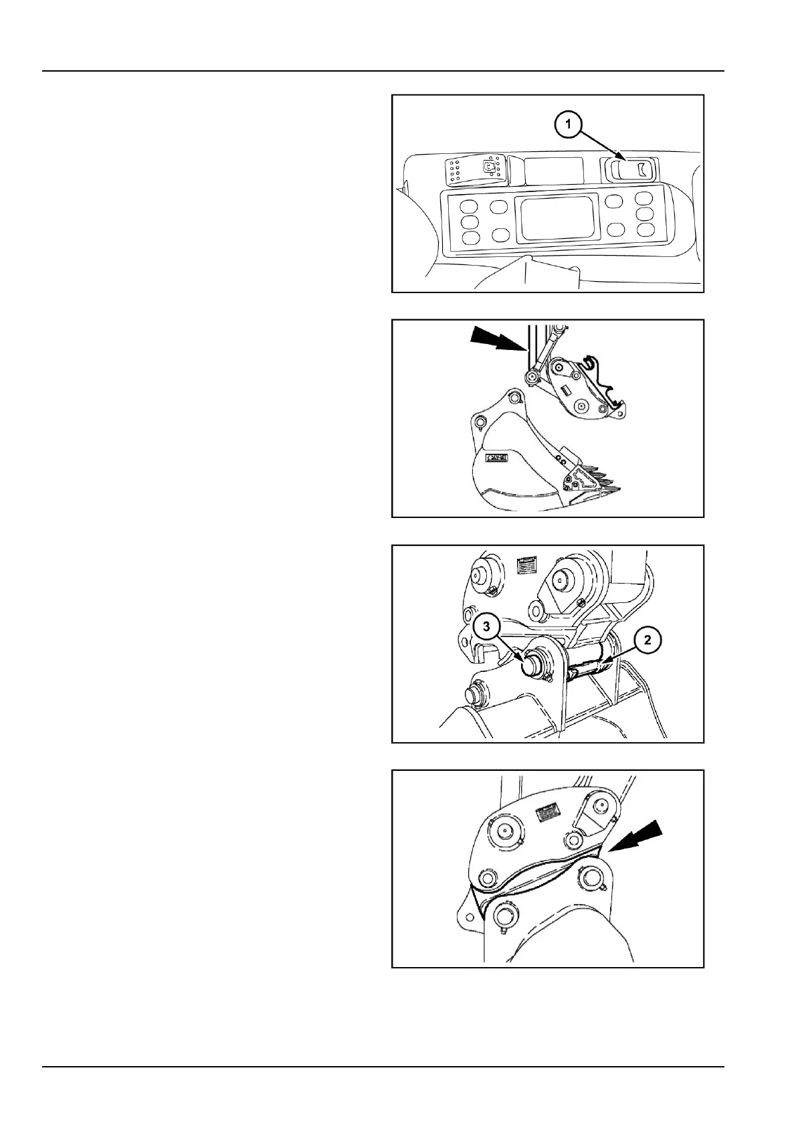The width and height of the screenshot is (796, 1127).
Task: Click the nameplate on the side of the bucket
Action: (496, 458)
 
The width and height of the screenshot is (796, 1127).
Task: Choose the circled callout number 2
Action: (647, 640)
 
